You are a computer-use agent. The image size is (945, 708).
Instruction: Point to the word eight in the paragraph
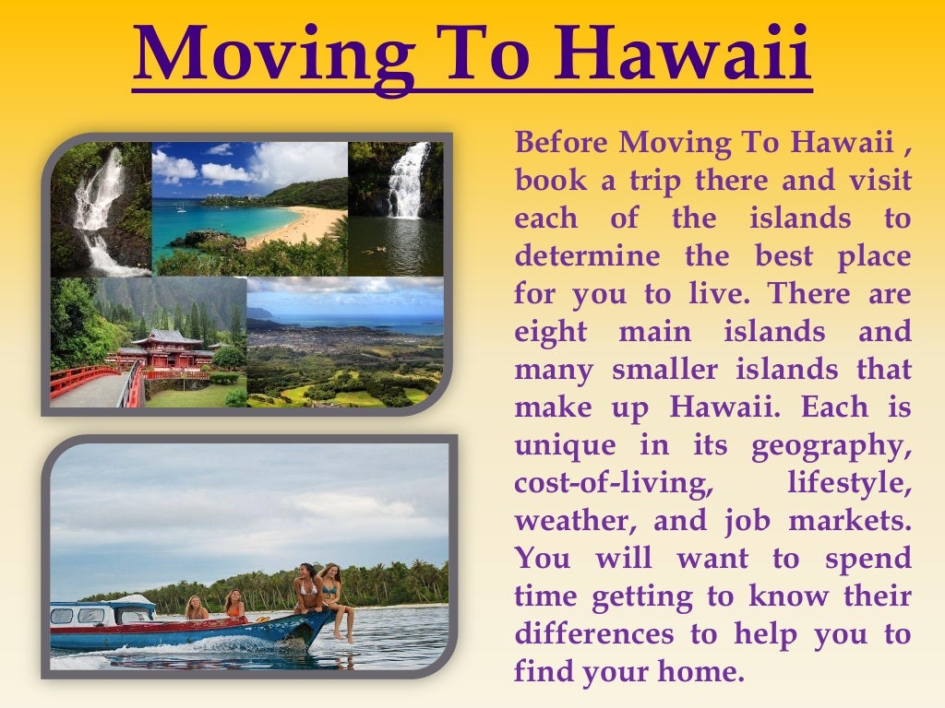pyautogui.click(x=551, y=332)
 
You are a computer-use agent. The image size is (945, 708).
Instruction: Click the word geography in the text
pyautogui.click(x=831, y=446)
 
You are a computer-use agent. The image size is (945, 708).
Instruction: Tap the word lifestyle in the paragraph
pyautogui.click(x=849, y=483)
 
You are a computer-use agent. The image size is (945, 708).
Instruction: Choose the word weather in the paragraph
pyautogui.click(x=572, y=521)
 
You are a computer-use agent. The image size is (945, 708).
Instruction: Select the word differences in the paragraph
pyautogui.click(x=594, y=634)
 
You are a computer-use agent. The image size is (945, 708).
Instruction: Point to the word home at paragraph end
pyautogui.click(x=707, y=672)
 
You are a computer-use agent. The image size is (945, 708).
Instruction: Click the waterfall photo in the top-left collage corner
pyautogui.click(x=100, y=210)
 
